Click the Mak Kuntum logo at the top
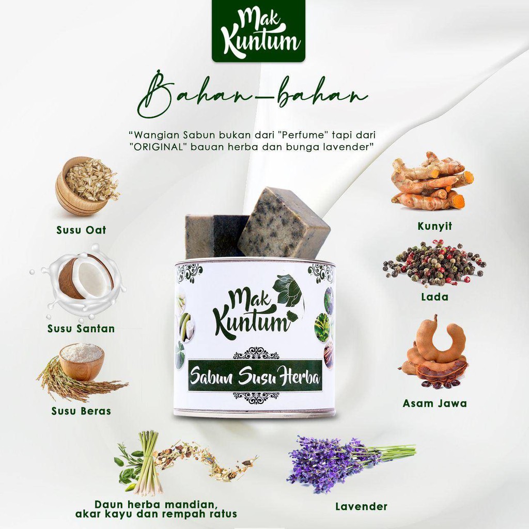pos(258,30)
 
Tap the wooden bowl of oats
pos(86,185)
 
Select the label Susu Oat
pos(81,230)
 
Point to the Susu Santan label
pos(81,329)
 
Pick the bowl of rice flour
pos(82,362)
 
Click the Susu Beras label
pos(81,411)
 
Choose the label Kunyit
pos(434,226)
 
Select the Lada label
pos(434,297)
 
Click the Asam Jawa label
pos(434,403)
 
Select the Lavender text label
pos(361,506)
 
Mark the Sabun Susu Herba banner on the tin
pos(255,376)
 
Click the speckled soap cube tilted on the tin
pos(284,223)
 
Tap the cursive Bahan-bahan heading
pos(252,94)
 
